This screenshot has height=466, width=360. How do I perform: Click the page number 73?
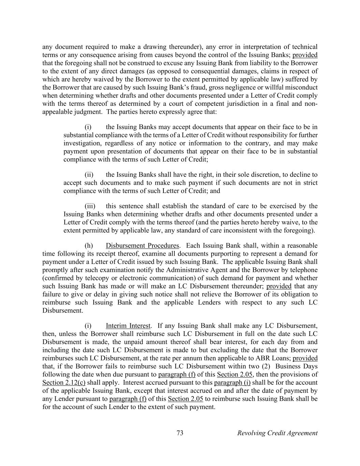180,433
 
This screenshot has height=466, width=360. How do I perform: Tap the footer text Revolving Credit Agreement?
277,433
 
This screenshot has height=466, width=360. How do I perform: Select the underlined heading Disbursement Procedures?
142,246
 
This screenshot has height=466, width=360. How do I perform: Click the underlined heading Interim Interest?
128,326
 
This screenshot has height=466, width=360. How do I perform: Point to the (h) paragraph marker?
88,246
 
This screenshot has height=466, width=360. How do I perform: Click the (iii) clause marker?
90,206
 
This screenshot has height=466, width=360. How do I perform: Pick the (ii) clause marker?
89,175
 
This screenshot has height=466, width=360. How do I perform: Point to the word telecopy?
95,278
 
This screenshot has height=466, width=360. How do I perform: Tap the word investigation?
82,143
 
